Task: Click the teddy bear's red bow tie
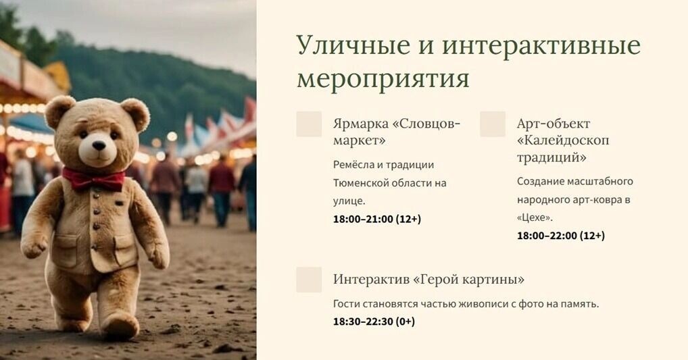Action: tap(94, 179)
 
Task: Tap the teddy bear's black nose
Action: tap(99, 145)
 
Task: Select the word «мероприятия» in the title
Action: tap(383, 78)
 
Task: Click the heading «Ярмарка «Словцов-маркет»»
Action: tap(396, 132)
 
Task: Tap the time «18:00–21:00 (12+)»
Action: tap(376, 219)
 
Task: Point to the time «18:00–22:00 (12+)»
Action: tap(560, 236)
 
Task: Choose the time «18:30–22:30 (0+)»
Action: tap(374, 322)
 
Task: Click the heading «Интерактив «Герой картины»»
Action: tap(428, 280)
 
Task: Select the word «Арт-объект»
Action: tap(553, 124)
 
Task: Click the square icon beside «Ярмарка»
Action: tap(309, 124)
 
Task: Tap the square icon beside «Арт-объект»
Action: tap(493, 124)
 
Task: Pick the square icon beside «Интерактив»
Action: tap(309, 280)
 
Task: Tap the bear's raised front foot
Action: tap(120, 327)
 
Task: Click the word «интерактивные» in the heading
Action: tap(541, 46)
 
